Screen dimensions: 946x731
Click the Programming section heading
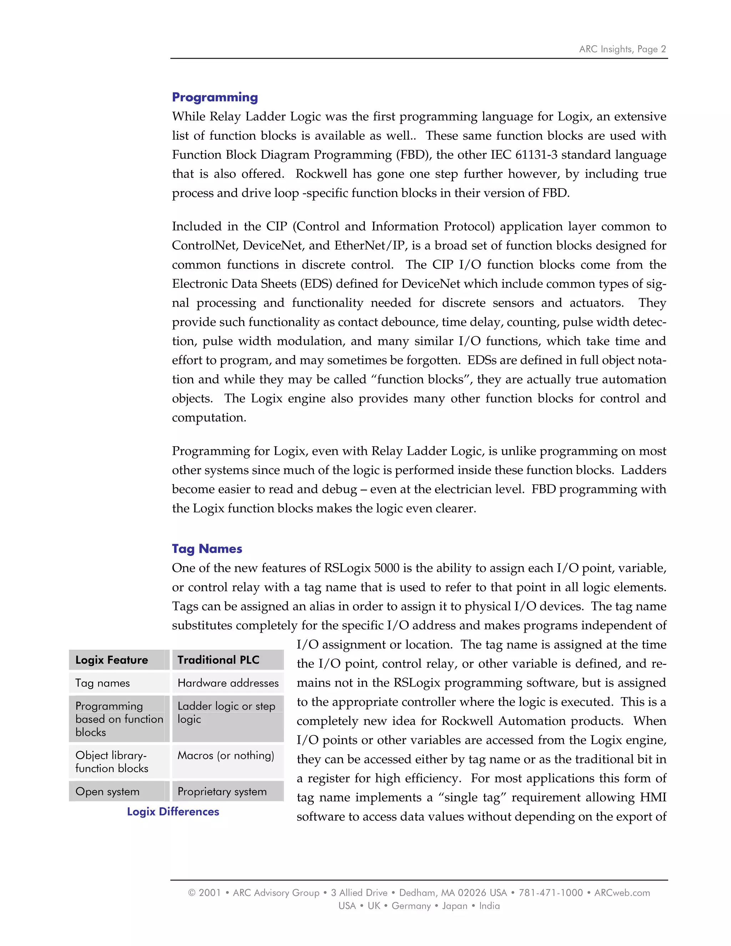click(x=215, y=97)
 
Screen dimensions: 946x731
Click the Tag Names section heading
click(x=207, y=549)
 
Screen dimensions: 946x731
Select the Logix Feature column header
click(x=112, y=660)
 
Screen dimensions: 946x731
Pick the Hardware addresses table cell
click(x=228, y=683)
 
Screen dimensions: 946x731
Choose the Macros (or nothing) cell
click(x=226, y=755)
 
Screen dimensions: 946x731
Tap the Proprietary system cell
click(x=222, y=791)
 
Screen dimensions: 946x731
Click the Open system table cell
click(x=107, y=791)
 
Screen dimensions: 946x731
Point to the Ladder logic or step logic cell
click(x=226, y=713)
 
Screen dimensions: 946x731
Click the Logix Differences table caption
click(x=173, y=812)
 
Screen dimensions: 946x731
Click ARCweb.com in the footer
click(x=622, y=893)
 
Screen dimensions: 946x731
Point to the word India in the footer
click(x=489, y=906)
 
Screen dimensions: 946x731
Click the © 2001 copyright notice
click(x=205, y=893)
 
